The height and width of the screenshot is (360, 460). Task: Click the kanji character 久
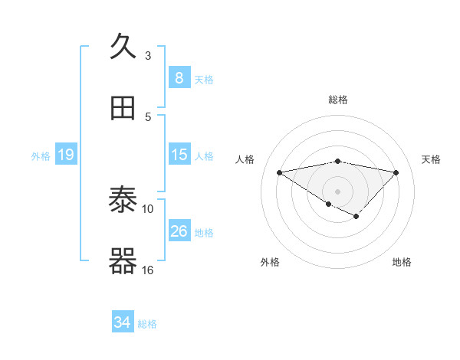[123, 47]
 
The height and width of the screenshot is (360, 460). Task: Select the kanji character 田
[123, 109]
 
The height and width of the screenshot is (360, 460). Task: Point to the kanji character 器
[123, 262]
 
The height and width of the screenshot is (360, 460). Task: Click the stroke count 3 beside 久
[148, 55]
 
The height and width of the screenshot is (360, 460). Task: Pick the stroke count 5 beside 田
[148, 116]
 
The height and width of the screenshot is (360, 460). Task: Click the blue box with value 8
[179, 77]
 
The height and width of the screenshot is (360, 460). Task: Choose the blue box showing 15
[179, 155]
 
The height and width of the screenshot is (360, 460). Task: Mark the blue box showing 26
[179, 231]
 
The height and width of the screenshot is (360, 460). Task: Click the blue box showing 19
[65, 155]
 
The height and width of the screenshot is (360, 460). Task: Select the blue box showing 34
[122, 322]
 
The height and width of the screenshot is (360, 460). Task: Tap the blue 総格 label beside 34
[147, 324]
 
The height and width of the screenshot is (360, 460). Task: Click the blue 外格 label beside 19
[41, 156]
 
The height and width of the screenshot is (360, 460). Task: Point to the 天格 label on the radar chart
[431, 159]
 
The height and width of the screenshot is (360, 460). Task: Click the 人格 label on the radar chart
[245, 159]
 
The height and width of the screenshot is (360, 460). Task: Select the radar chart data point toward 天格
[396, 172]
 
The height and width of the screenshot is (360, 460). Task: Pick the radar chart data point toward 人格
[280, 172]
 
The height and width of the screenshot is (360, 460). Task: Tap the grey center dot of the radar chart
[337, 191]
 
